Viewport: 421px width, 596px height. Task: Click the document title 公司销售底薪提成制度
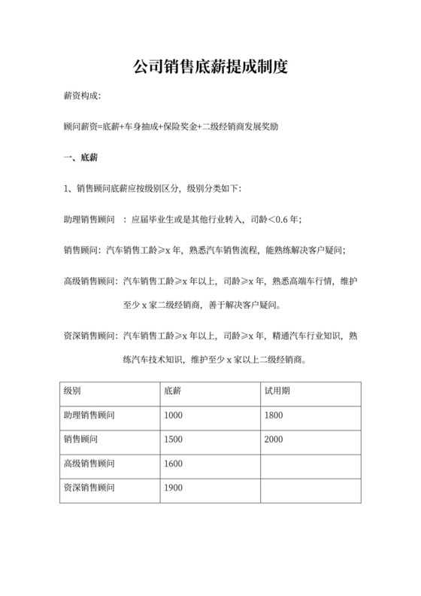210,67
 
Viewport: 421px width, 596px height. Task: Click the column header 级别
73,392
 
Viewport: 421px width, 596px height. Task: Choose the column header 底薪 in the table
172,392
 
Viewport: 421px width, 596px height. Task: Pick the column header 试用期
276,392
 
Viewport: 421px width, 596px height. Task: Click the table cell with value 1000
173,416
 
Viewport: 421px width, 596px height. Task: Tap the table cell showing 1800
275,416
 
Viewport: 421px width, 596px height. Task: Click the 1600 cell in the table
173,464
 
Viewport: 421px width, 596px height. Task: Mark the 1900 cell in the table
173,488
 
